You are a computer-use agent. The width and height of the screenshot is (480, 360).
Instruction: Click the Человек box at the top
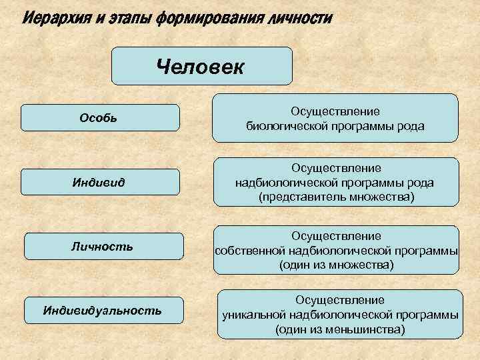201,67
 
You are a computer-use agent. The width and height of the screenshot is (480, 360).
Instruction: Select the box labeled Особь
100,118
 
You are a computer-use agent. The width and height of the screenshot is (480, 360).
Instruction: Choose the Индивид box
100,182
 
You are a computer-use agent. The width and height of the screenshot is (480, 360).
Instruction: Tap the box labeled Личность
103,246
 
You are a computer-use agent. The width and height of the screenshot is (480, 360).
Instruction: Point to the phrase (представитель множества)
336,198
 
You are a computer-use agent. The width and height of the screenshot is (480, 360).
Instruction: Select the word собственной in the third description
250,251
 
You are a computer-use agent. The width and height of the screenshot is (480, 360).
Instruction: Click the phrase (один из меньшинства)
340,329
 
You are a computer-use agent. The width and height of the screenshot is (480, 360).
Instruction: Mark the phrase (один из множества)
336,265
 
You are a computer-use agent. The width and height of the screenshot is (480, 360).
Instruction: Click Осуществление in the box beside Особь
335,111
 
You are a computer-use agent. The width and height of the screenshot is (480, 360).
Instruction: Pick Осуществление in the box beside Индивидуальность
340,301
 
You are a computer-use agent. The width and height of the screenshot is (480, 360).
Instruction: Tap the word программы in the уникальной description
423,315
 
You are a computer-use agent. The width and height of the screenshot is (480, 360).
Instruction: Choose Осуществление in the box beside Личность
336,236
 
